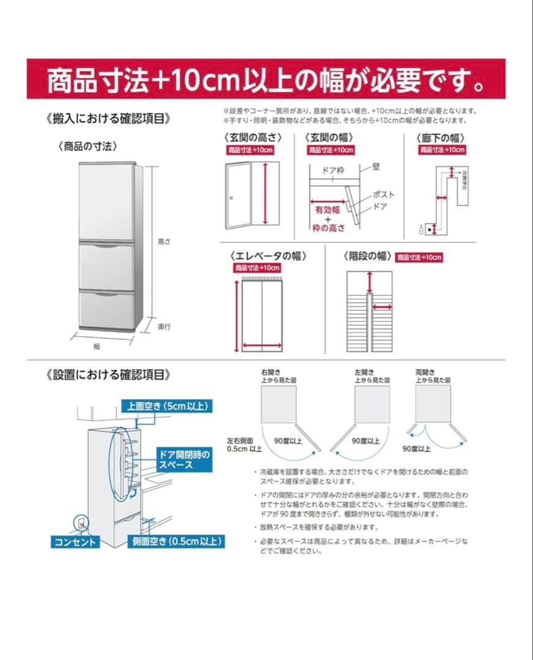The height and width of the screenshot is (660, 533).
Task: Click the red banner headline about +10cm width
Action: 266,79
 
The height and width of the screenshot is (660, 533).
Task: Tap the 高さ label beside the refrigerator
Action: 164,242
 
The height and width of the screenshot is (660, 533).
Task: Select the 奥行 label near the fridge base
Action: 164,327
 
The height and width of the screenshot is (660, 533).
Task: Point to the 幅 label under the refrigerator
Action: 97,346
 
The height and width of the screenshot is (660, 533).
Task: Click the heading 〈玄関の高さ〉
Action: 252,137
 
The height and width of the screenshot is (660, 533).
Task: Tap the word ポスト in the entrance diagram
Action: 383,195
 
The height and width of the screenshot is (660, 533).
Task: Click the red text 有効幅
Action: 328,210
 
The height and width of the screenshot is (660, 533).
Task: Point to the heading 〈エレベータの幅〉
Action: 268,255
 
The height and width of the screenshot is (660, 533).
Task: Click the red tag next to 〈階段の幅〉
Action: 419,257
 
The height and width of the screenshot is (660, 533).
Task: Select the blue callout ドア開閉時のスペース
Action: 184,460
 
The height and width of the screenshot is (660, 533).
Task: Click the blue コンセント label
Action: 75,542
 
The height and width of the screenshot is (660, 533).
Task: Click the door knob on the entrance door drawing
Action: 232,197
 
